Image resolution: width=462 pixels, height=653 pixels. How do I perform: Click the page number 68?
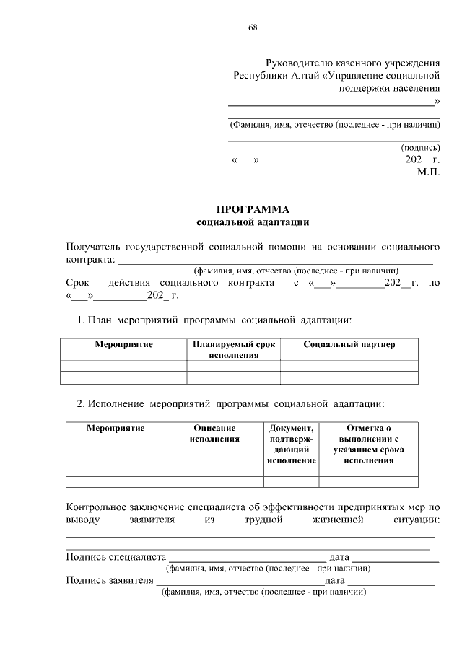(x=253, y=27)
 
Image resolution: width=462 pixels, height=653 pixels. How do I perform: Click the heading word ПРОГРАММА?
(x=253, y=209)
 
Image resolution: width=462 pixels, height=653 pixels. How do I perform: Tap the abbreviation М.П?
(x=428, y=173)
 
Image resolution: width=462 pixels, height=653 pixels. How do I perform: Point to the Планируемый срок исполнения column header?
(x=233, y=350)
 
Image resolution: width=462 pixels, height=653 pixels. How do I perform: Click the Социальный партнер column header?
(x=349, y=345)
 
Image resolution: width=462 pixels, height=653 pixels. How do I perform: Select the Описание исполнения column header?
(x=214, y=433)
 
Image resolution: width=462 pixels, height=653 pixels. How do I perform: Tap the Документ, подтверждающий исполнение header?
(x=292, y=443)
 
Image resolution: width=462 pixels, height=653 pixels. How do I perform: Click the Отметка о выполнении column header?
(x=368, y=443)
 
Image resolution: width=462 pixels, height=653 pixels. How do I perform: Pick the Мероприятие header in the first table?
(x=123, y=345)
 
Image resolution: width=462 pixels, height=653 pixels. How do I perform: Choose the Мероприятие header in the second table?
(x=115, y=428)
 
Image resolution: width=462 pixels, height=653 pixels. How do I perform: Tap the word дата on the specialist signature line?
(x=339, y=557)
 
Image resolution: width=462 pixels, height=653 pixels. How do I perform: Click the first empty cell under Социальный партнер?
(x=349, y=365)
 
